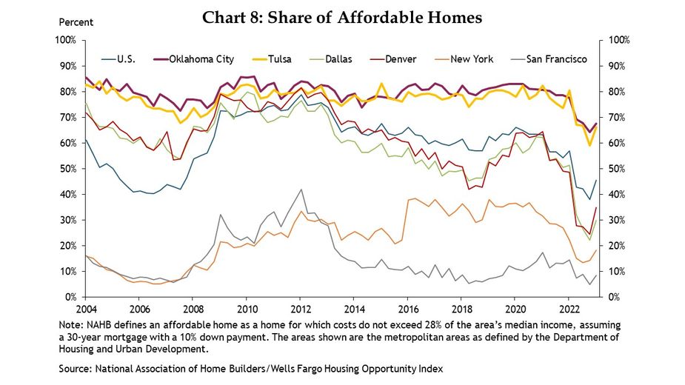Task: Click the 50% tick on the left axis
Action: (68, 169)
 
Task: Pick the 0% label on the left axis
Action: (71, 297)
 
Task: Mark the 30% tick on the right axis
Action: (618, 220)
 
